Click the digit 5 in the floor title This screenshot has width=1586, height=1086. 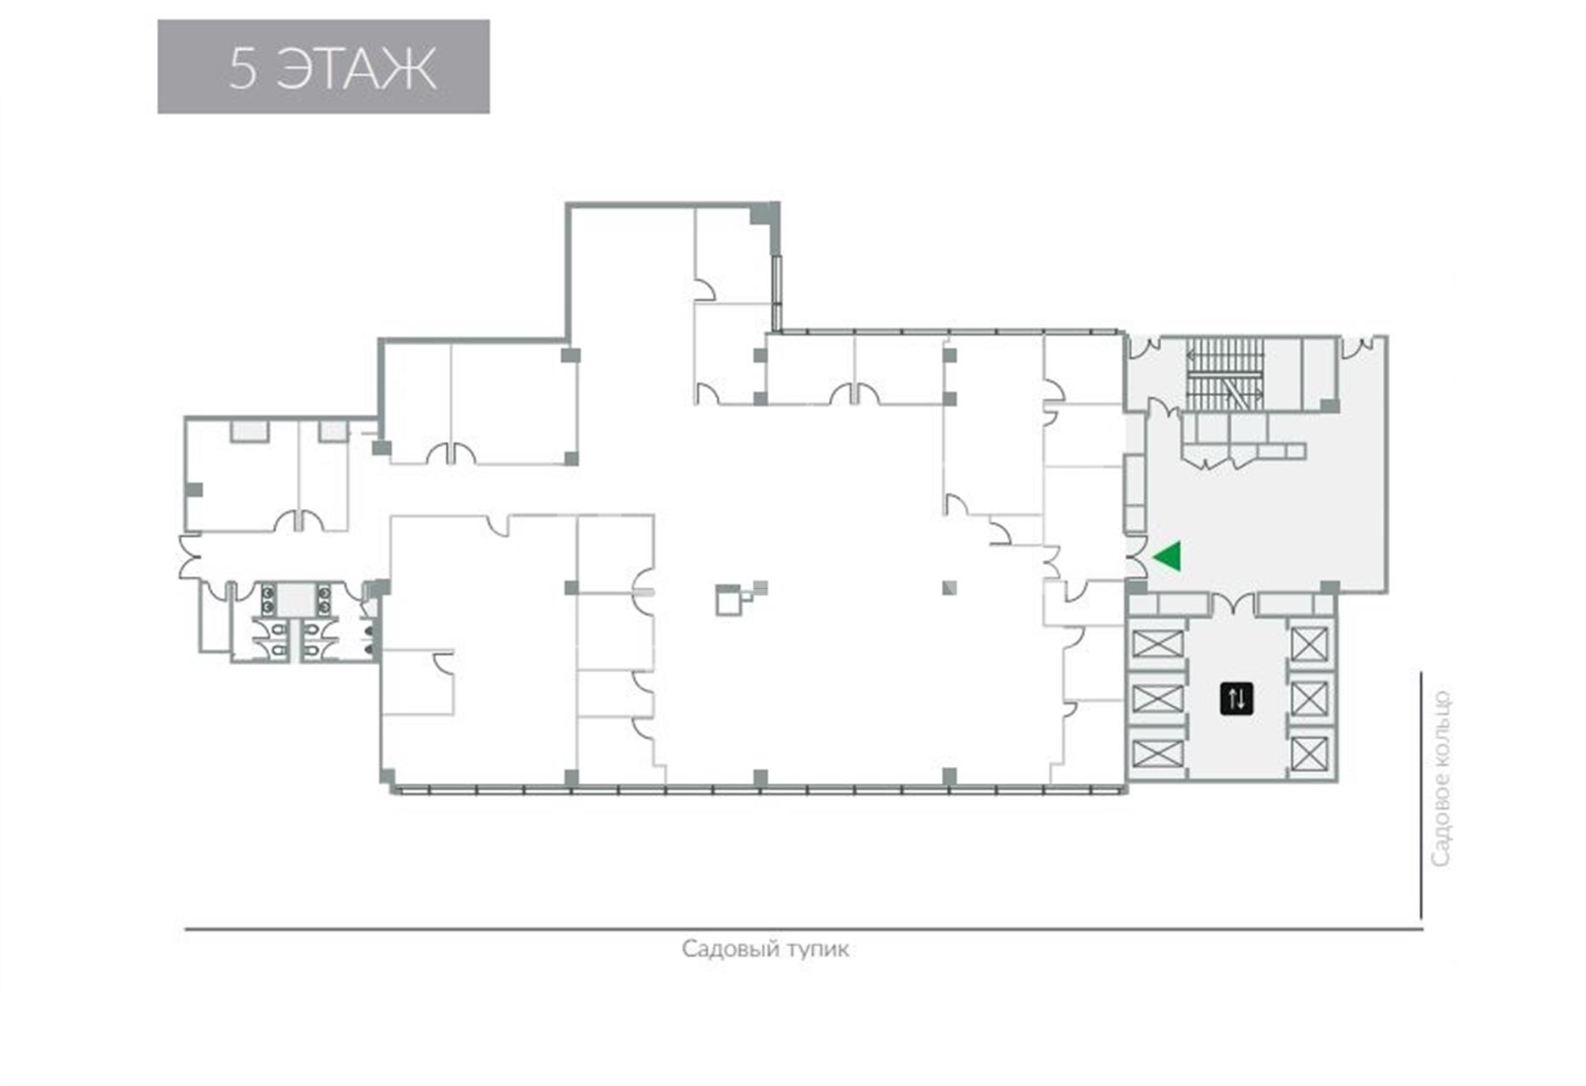[242, 68]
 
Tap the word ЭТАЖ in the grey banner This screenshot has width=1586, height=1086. [356, 68]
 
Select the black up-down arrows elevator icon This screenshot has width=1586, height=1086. [1236, 698]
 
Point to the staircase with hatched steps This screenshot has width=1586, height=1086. [1225, 376]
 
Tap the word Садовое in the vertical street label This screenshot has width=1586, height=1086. [1441, 815]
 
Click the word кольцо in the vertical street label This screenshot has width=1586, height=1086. [1441, 725]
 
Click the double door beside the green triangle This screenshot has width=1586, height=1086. [1135, 557]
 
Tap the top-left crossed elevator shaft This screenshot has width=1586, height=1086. [1157, 643]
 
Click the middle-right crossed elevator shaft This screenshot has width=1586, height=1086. [1309, 699]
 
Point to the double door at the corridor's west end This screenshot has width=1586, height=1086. [190, 556]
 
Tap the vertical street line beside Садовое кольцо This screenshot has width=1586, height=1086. [1421, 795]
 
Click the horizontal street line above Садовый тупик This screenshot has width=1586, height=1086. [804, 929]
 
